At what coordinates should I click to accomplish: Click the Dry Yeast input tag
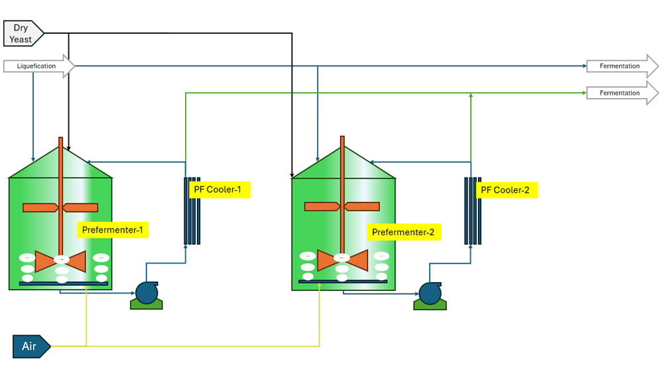click(x=22, y=33)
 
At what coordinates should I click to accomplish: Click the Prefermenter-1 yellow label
click(x=112, y=231)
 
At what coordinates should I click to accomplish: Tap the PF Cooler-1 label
click(x=217, y=189)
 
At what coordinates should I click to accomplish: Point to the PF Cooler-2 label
click(x=505, y=190)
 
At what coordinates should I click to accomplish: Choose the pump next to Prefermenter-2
click(x=430, y=293)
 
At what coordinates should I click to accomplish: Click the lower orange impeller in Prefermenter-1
click(x=60, y=260)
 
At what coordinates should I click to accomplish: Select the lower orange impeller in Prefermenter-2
click(x=342, y=260)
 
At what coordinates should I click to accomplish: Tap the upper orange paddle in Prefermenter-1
click(x=60, y=207)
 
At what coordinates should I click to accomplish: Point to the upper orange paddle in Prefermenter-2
click(x=342, y=206)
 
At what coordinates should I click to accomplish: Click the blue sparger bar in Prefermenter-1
click(x=64, y=284)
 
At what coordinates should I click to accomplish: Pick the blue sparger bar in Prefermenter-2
click(x=343, y=281)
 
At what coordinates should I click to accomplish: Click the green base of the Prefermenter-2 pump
click(x=430, y=305)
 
